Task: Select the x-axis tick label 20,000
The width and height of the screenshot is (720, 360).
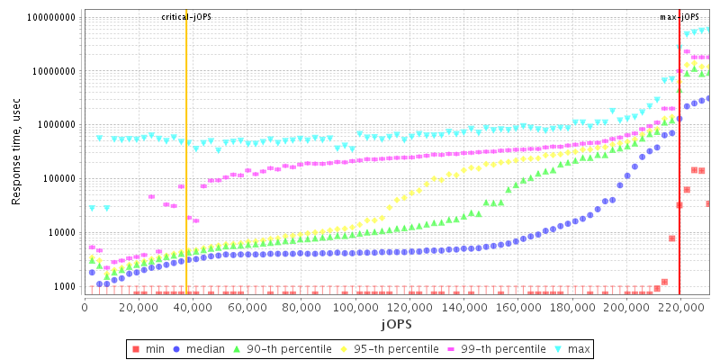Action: coord(139,306)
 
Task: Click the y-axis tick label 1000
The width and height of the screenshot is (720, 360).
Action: coord(63,286)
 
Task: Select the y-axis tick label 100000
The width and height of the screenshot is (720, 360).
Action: coord(57,178)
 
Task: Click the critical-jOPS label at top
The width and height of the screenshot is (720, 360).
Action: coord(186,17)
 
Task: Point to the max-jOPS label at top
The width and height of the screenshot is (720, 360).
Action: coord(679,17)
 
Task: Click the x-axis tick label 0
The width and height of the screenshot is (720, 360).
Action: coord(85,306)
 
